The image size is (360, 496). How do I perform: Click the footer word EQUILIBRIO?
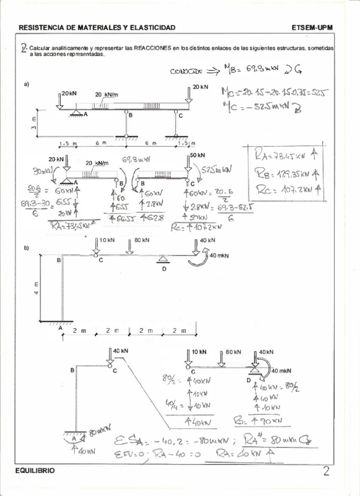(x=38, y=470)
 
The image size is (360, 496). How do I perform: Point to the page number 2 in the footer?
(x=325, y=470)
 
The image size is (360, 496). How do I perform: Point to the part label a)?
(x=27, y=85)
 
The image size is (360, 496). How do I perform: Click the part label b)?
(x=27, y=248)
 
